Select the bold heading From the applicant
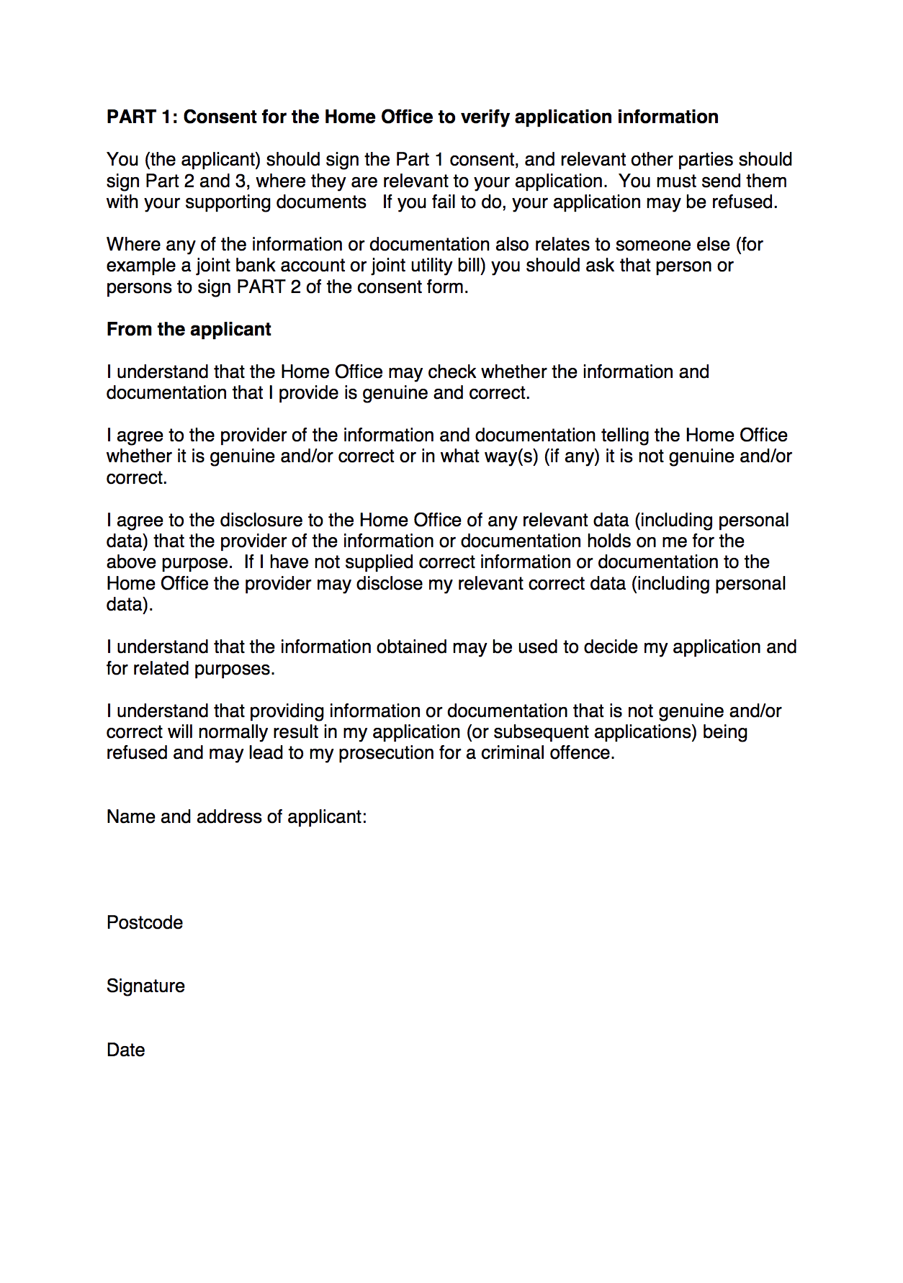[189, 330]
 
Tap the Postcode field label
[145, 923]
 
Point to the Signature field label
[145, 986]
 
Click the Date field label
[126, 1050]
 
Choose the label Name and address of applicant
[236, 817]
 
